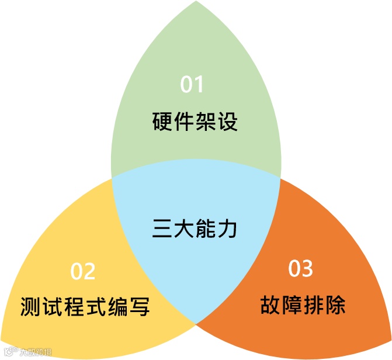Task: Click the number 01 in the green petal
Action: (x=192, y=85)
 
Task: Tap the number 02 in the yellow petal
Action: (x=83, y=271)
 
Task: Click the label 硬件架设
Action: (x=195, y=123)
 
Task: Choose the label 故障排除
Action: (x=303, y=305)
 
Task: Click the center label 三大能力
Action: (x=195, y=227)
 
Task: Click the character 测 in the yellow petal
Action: (x=31, y=306)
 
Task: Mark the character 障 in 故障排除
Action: (x=292, y=305)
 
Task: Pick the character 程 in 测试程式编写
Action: (x=74, y=306)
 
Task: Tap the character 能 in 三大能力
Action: (x=206, y=227)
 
